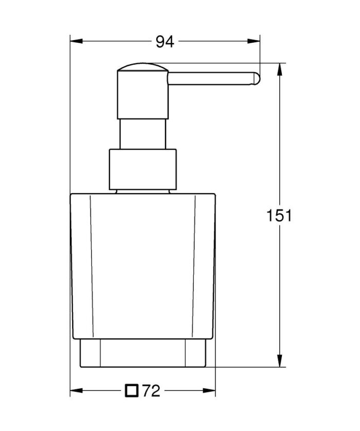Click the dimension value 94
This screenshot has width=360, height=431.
tap(165, 42)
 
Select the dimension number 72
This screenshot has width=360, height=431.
tap(151, 392)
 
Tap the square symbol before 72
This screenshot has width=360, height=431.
tap(132, 391)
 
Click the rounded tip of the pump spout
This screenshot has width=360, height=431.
tap(256, 78)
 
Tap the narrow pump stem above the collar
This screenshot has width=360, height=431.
tap(142, 134)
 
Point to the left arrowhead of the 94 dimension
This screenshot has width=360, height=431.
tap(74, 42)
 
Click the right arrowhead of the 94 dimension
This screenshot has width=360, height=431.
tap(257, 42)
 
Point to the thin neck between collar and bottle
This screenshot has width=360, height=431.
tap(142, 191)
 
